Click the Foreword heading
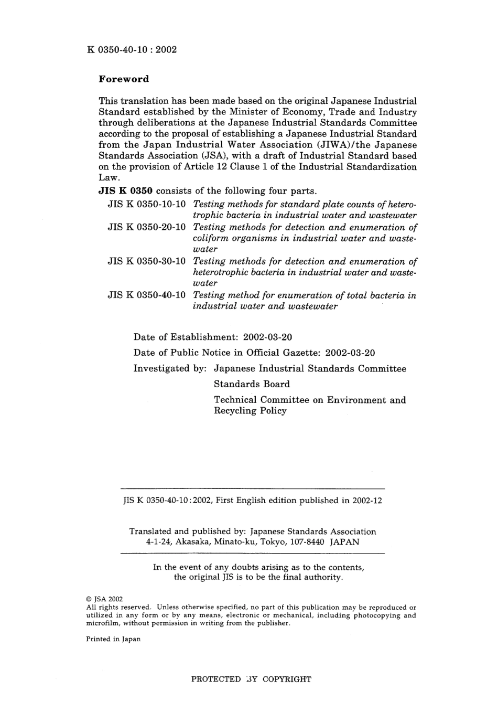pos(124,79)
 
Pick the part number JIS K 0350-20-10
pos(147,227)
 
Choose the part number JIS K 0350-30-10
pos(147,261)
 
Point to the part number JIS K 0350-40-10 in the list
pos(147,295)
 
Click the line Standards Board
pos(252,384)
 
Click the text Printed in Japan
pos(113,639)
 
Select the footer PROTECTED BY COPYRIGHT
pos(251,679)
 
